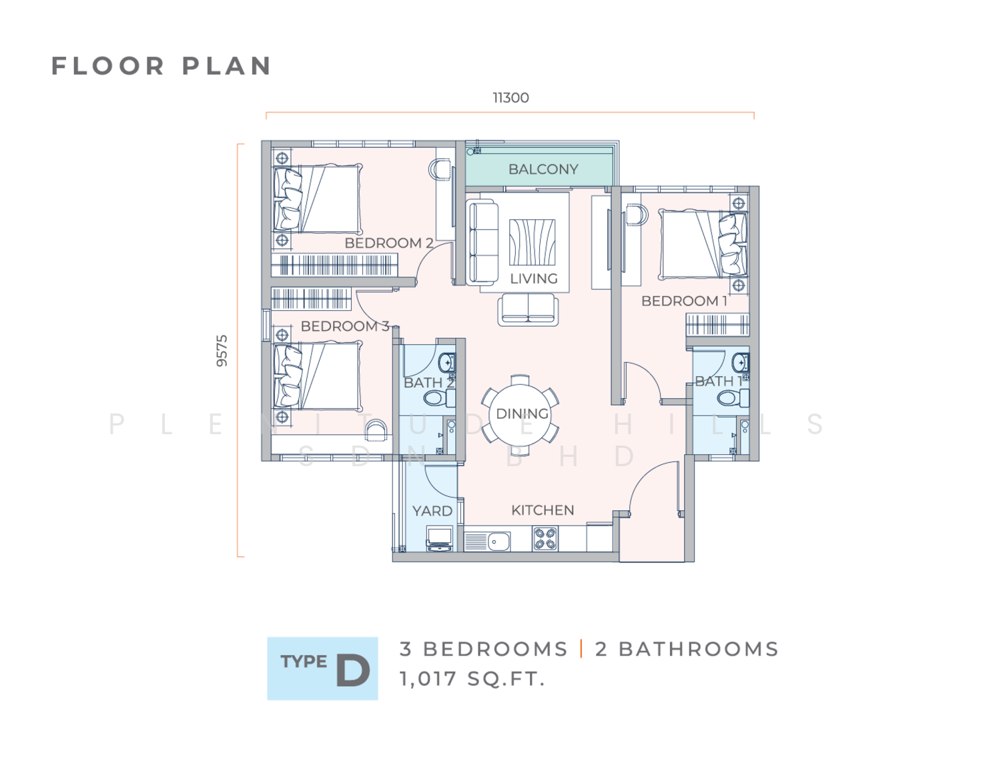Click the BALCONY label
pos(543,169)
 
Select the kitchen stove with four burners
pos(545,539)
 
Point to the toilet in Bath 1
pos(733,398)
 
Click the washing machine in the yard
pos(440,540)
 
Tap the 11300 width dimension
pos(511,98)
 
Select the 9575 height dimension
pos(222,351)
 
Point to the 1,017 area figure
pos(428,679)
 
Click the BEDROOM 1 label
pos(684,301)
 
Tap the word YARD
pos(432,511)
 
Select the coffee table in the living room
pos(532,242)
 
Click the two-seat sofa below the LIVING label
pos(528,310)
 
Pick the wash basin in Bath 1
pos(741,363)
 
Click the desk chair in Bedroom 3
pos(377,430)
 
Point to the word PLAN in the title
pos(226,66)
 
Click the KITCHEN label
pos(543,510)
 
